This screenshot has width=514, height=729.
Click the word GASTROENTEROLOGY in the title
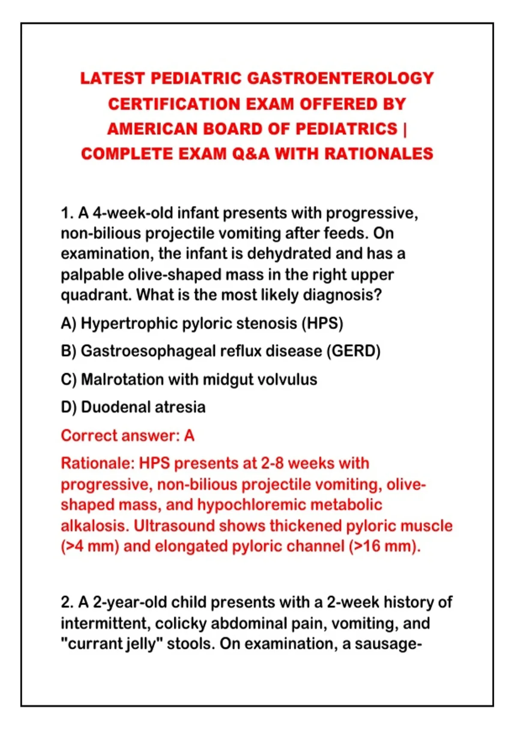pyautogui.click(x=341, y=78)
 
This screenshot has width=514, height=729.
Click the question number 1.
pyautogui.click(x=67, y=213)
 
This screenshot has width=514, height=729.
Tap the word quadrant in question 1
pyautogui.click(x=96, y=295)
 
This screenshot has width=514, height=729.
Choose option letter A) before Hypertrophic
pyautogui.click(x=68, y=323)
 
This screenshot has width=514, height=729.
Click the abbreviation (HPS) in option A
pyautogui.click(x=322, y=323)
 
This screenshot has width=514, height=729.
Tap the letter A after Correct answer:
pyautogui.click(x=189, y=436)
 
